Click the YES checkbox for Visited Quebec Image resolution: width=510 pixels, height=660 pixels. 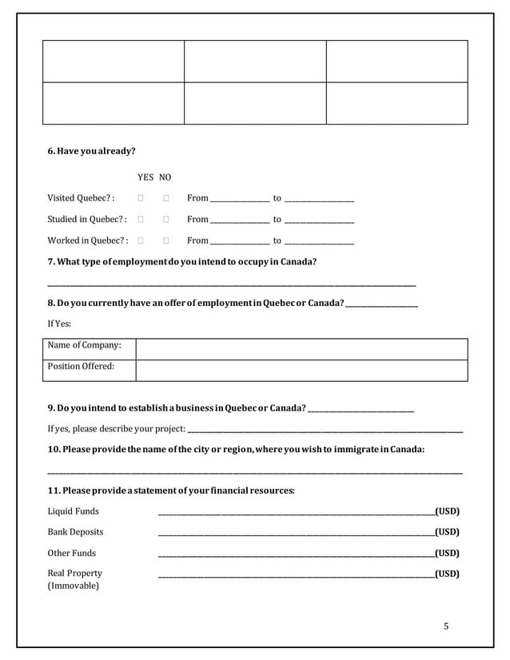pyautogui.click(x=141, y=198)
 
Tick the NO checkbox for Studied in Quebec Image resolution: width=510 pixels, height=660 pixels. pyautogui.click(x=166, y=219)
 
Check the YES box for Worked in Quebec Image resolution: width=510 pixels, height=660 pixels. pyautogui.click(x=141, y=240)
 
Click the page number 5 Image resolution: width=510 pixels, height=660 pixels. pyautogui.click(x=446, y=626)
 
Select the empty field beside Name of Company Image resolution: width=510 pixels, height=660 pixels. pyautogui.click(x=301, y=349)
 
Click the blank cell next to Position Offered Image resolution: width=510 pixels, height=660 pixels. pyautogui.click(x=301, y=370)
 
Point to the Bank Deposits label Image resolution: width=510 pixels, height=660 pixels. pyautogui.click(x=75, y=532)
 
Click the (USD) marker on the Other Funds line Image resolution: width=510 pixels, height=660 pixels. pyautogui.click(x=447, y=553)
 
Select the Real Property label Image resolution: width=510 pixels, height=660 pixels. pyautogui.click(x=75, y=573)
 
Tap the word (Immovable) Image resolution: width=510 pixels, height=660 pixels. pyautogui.click(x=74, y=586)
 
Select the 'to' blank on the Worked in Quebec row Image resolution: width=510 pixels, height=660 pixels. pyautogui.click(x=319, y=241)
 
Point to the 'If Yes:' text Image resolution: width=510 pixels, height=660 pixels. pyautogui.click(x=59, y=324)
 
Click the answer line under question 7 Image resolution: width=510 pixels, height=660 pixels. pyautogui.click(x=232, y=284)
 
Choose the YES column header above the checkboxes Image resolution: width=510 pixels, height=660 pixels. pyautogui.click(x=145, y=177)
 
